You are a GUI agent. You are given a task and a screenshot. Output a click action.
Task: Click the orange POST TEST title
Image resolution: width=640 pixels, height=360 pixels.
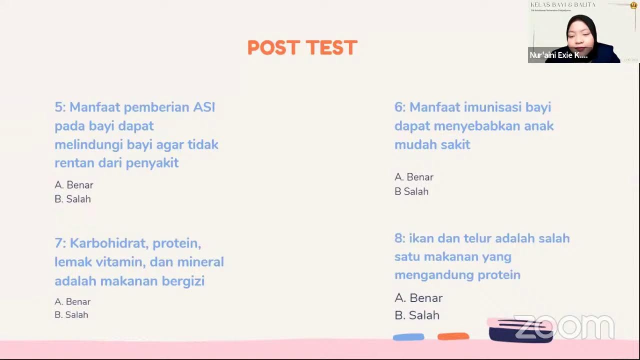click(302, 48)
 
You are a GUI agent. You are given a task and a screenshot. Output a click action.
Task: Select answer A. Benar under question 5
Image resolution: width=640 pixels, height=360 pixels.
click(74, 185)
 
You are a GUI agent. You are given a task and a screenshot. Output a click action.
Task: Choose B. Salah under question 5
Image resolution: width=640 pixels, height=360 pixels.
click(73, 199)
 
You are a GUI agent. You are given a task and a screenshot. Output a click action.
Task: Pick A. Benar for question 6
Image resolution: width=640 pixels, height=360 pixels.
click(414, 177)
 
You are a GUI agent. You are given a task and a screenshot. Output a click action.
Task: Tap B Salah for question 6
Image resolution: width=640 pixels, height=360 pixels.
click(411, 191)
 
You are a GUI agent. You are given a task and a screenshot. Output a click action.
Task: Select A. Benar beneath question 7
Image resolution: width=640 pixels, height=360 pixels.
click(72, 301)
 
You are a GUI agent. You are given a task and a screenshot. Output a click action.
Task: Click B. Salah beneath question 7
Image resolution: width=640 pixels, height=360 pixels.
click(71, 315)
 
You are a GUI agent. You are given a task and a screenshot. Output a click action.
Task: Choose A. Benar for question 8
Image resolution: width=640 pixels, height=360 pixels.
click(418, 298)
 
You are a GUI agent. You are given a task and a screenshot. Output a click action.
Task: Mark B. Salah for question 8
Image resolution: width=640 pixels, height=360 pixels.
click(417, 315)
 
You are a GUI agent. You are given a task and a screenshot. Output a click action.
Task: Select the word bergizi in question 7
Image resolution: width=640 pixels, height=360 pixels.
click(183, 281)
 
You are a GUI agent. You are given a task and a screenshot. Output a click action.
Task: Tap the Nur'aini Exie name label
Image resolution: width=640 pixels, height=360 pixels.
click(558, 55)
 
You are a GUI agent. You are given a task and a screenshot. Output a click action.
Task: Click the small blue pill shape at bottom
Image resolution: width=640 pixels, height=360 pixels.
click(408, 337)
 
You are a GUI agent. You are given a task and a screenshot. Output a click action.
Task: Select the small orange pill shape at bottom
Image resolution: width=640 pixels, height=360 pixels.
click(453, 336)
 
